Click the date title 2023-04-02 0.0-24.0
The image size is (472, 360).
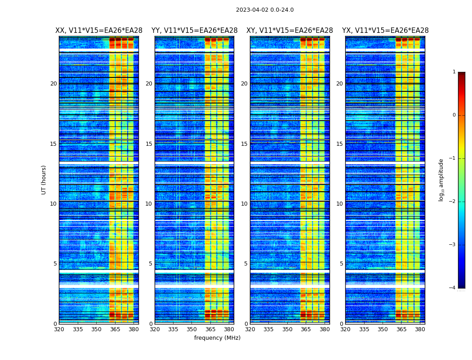coord(265,10)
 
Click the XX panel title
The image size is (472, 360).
coord(99,31)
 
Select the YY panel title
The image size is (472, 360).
coord(194,31)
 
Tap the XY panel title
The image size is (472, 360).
coord(289,31)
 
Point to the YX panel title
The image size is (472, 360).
coord(385,31)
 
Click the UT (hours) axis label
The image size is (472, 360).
coord(44,180)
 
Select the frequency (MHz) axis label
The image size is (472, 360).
coord(217,338)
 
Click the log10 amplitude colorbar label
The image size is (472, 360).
coord(441,180)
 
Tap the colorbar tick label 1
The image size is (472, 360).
coord(454,72)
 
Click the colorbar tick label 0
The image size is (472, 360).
coord(454,115)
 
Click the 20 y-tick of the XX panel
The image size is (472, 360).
coord(53,84)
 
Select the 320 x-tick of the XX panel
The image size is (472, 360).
coord(59,329)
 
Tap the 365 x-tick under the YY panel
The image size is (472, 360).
coord(210,329)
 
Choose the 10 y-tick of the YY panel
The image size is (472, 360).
coord(149,204)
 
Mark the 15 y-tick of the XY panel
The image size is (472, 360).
coord(244,144)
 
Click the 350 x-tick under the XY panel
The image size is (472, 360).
coord(287,329)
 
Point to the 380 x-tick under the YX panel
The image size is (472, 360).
coord(420,329)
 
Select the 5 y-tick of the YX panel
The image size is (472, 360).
coord(341,264)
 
